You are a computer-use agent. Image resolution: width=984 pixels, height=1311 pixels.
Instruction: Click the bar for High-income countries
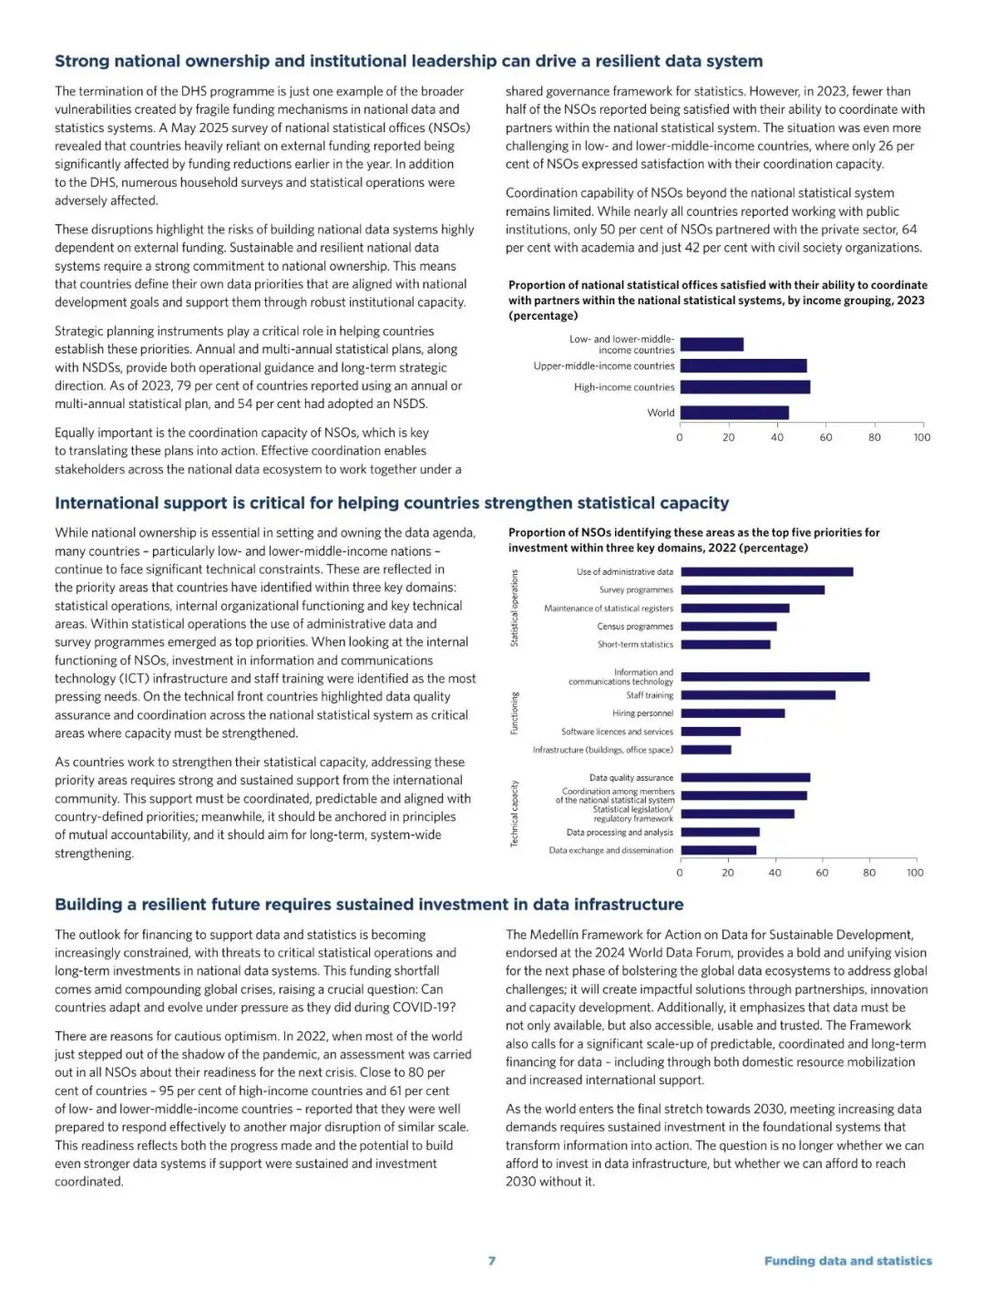pyautogui.click(x=744, y=387)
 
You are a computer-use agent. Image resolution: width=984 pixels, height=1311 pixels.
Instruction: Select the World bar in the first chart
pyautogui.click(x=734, y=413)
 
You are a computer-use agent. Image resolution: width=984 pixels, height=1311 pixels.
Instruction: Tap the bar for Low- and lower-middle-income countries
pyautogui.click(x=712, y=344)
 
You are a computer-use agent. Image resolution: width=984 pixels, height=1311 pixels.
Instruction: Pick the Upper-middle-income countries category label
pyautogui.click(x=604, y=366)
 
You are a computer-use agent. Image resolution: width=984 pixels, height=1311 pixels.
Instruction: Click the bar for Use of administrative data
pyautogui.click(x=767, y=572)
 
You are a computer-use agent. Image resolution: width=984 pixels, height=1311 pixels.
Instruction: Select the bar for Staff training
pyautogui.click(x=758, y=695)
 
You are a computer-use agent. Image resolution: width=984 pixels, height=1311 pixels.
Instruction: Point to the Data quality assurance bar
pyautogui.click(x=745, y=778)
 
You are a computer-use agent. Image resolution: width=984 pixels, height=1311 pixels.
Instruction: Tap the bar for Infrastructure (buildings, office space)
pyautogui.click(x=706, y=750)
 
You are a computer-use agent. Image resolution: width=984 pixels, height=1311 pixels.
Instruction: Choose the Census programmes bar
pyautogui.click(x=729, y=627)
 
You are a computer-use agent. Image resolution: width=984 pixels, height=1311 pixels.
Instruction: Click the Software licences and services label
pyautogui.click(x=617, y=732)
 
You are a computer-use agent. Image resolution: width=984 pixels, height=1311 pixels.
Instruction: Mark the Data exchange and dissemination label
pyautogui.click(x=610, y=850)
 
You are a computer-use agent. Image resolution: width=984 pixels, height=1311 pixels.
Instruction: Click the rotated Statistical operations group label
pyautogui.click(x=514, y=609)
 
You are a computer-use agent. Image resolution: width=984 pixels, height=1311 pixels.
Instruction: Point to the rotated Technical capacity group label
pyautogui.click(x=514, y=814)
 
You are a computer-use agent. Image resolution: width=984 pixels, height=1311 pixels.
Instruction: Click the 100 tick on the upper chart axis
pyautogui.click(x=922, y=437)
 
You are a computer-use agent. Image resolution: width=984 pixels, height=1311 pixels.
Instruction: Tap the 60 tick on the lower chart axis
pyautogui.click(x=822, y=873)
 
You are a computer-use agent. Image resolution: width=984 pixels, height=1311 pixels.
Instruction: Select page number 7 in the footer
pyautogui.click(x=492, y=1261)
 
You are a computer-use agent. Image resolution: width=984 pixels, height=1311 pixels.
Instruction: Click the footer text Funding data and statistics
pyautogui.click(x=847, y=1261)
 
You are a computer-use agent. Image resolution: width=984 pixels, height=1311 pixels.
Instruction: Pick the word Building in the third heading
pyautogui.click(x=87, y=904)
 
